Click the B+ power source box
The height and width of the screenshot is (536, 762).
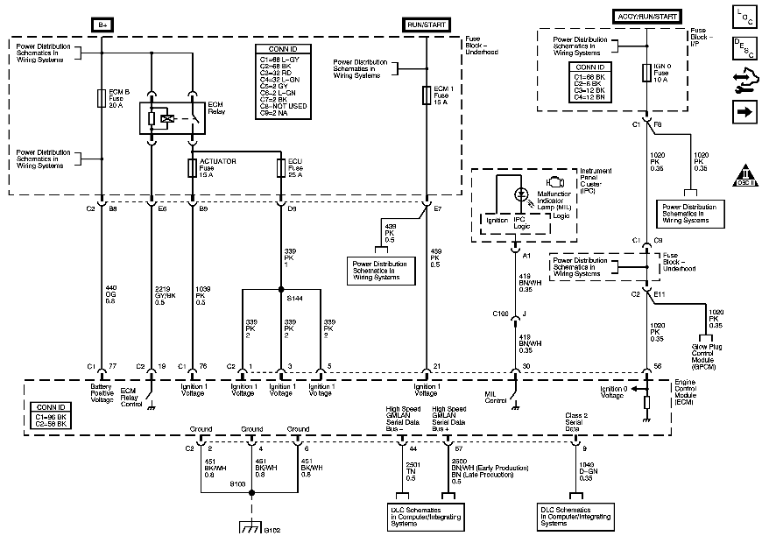pyautogui.click(x=102, y=25)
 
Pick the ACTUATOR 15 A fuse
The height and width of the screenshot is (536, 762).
pyautogui.click(x=193, y=168)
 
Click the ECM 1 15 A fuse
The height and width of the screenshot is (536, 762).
pyautogui.click(x=426, y=95)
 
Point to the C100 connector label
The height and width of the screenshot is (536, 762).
pyautogui.click(x=500, y=313)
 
